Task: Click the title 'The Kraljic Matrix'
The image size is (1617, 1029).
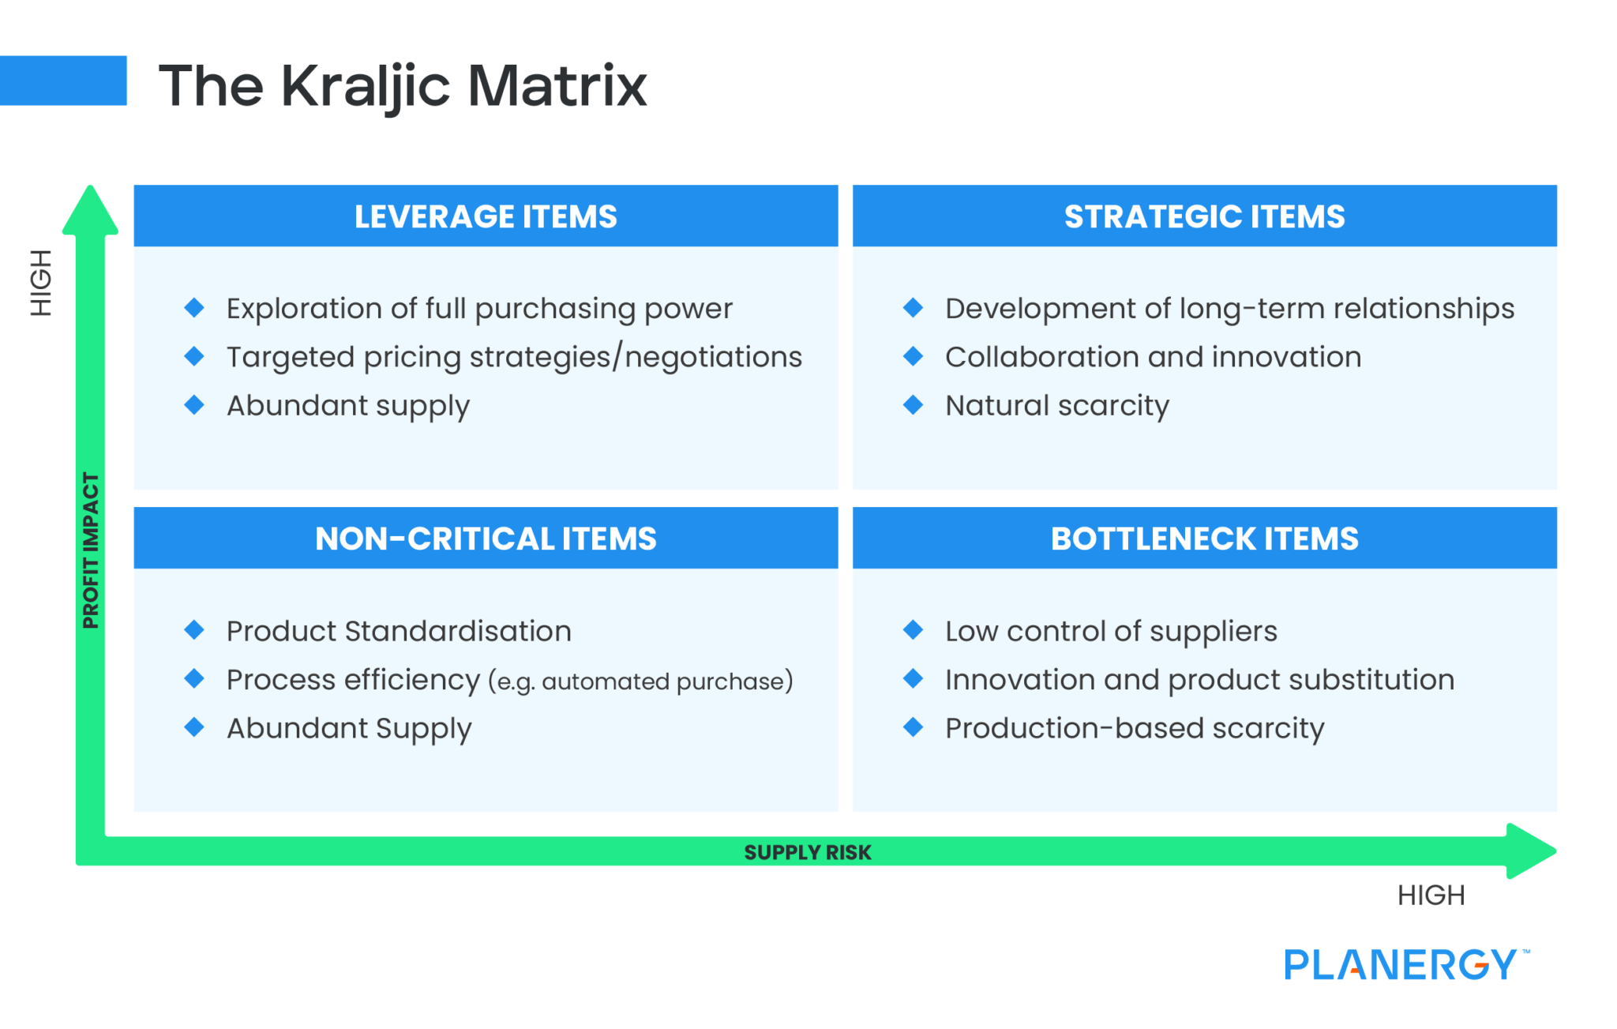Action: pyautogui.click(x=403, y=86)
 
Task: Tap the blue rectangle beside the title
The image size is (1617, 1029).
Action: pyautogui.click(x=63, y=81)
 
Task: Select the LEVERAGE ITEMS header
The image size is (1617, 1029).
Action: pyautogui.click(x=486, y=216)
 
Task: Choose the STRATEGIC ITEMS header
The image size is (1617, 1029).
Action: pyautogui.click(x=1205, y=216)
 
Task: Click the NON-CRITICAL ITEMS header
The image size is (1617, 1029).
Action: pyautogui.click(x=486, y=539)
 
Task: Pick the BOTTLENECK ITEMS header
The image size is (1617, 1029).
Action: pyautogui.click(x=1205, y=539)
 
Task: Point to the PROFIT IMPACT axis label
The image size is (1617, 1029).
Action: pyautogui.click(x=91, y=550)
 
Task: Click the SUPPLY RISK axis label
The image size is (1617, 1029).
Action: pyautogui.click(x=808, y=852)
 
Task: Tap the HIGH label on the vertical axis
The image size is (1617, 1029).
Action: pyautogui.click(x=41, y=283)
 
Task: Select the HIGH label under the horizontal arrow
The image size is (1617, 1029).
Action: pyautogui.click(x=1431, y=895)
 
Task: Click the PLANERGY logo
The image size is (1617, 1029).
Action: pyautogui.click(x=1406, y=964)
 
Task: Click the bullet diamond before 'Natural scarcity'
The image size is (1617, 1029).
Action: pyautogui.click(x=914, y=405)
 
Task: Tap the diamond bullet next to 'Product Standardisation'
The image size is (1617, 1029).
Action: pyautogui.click(x=194, y=630)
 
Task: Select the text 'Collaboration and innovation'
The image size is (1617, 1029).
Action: pyautogui.click(x=1154, y=357)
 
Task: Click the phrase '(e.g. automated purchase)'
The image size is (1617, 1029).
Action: pyautogui.click(x=640, y=681)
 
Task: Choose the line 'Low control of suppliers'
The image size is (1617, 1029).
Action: pyautogui.click(x=1111, y=632)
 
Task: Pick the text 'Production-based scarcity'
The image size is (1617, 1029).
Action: pyautogui.click(x=1135, y=729)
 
